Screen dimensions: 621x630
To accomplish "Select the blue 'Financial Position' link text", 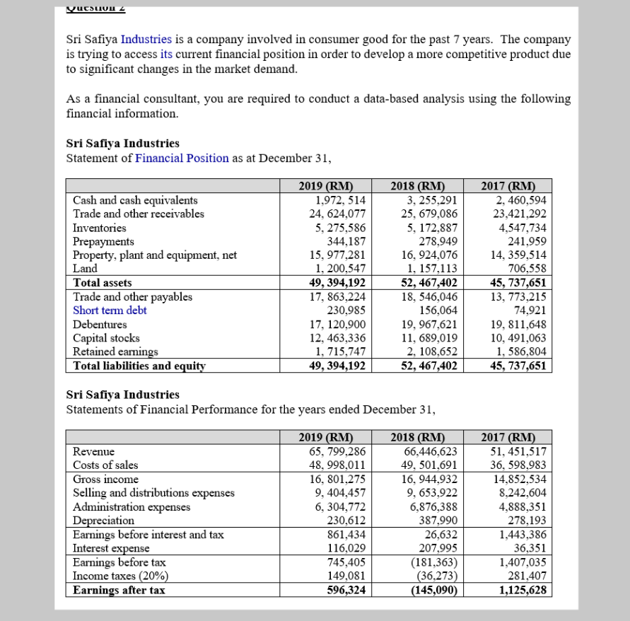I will coord(182,158).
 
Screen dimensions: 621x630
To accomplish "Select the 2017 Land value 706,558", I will coord(527,269).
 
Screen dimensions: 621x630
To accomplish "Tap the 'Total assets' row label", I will coord(103,283).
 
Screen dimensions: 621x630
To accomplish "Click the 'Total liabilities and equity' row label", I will coord(139,366).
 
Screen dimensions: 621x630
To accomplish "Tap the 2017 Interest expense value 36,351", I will coord(532,548).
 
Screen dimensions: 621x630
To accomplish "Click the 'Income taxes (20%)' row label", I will coord(119,576).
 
